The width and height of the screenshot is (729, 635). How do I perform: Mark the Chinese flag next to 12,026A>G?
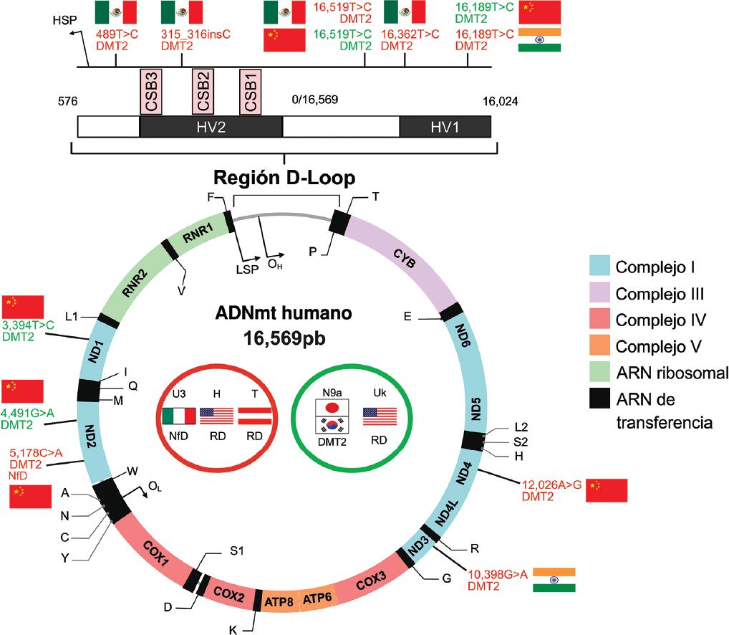607,491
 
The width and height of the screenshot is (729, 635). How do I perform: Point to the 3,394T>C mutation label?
28,325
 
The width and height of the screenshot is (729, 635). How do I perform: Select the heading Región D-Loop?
285,176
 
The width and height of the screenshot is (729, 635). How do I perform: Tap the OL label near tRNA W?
155,487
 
